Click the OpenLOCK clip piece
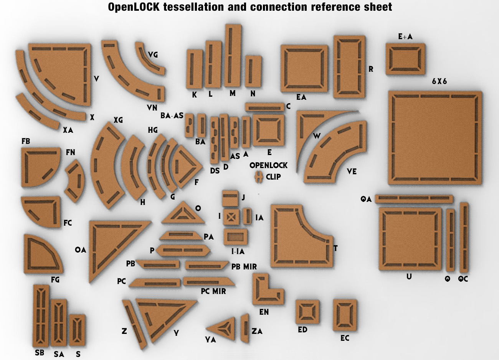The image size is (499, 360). click(x=259, y=177)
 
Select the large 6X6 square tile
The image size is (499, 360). click(x=435, y=138)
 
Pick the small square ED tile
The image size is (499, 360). click(x=307, y=311)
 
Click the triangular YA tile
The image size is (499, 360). click(x=223, y=329)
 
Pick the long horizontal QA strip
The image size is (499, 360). click(x=413, y=199)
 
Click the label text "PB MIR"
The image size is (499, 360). click(x=244, y=266)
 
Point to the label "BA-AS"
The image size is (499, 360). click(x=172, y=116)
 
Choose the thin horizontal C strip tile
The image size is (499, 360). click(x=264, y=107)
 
